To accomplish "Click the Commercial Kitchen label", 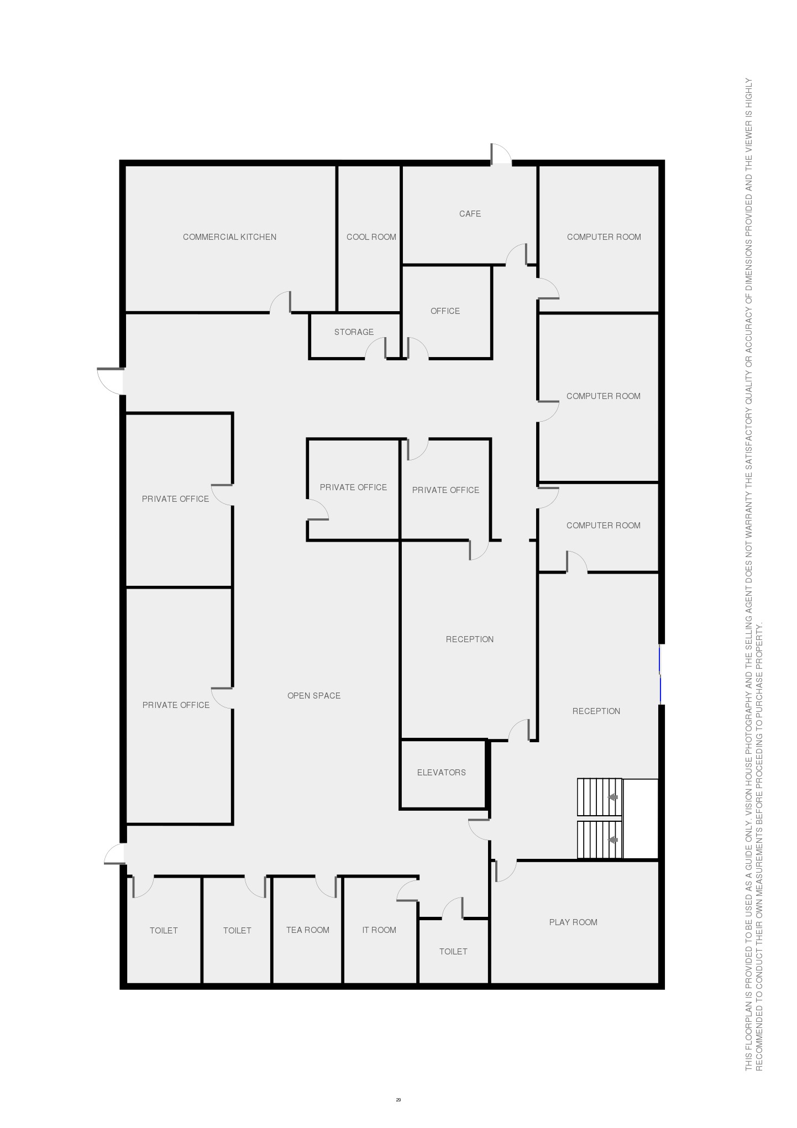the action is (229, 237).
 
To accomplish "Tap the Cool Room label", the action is (371, 237).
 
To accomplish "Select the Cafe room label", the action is (470, 214).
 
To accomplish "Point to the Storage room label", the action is (354, 332).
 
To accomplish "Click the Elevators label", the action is (441, 773).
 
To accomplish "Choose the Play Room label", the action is (573, 922).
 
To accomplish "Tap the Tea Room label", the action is (307, 930).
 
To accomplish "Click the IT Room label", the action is (379, 930).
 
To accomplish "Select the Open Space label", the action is (314, 696).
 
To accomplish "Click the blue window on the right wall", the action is (660, 674).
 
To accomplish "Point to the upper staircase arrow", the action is (612, 798).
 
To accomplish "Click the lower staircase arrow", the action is (612, 841).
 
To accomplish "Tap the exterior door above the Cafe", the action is (501, 154).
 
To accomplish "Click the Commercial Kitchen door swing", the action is (280, 302).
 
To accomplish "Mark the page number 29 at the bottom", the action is (398, 1100).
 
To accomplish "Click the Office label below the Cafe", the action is (445, 311).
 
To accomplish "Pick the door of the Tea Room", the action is (326, 886).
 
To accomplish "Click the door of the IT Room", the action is (407, 891).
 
